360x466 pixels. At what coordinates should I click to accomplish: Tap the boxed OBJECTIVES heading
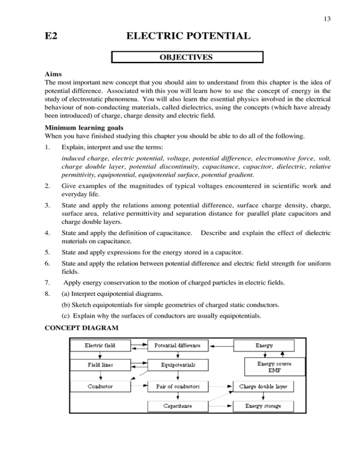click(187, 58)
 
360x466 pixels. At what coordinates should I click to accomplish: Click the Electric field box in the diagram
click(100, 346)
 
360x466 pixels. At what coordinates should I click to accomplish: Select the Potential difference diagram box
click(177, 346)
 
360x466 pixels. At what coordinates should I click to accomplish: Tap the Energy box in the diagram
click(264, 346)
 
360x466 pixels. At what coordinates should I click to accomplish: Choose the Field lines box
click(100, 364)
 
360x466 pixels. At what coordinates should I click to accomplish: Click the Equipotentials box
click(177, 364)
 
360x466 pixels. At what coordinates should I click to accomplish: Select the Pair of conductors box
click(177, 387)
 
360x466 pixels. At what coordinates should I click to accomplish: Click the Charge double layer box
click(266, 387)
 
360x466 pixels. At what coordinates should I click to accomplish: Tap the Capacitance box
click(177, 406)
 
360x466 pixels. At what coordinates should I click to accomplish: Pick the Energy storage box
click(263, 406)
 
